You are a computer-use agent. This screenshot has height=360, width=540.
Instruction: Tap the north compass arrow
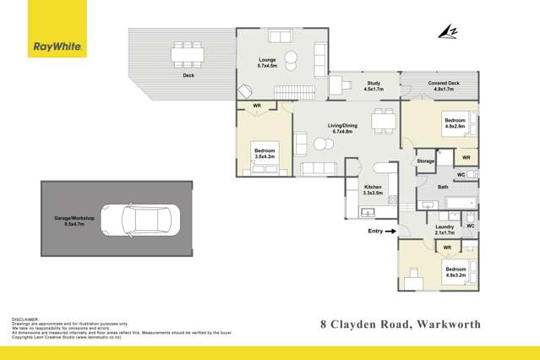445,32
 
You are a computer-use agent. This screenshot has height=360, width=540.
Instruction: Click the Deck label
188,75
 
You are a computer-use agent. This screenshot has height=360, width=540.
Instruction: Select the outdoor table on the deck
188,55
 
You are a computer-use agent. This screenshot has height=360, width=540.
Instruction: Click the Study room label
373,85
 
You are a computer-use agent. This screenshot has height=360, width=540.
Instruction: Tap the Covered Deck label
444,85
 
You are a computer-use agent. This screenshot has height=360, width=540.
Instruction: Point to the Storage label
425,161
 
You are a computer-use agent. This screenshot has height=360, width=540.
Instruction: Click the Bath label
443,186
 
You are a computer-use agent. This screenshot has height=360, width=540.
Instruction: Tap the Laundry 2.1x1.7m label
445,230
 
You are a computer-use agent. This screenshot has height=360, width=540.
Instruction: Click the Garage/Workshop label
74,221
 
